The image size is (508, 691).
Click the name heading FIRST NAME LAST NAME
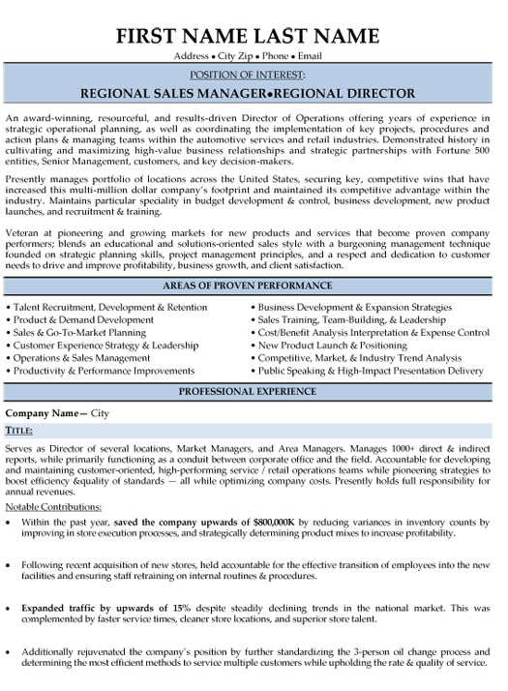click(254, 37)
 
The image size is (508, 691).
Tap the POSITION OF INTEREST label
click(254, 75)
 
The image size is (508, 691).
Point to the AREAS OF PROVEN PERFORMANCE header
click(254, 287)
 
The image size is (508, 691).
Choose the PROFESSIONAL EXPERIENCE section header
click(254, 390)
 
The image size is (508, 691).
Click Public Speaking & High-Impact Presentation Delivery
click(370, 370)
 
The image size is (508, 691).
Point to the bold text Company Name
click(44, 412)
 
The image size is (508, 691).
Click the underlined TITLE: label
click(19, 427)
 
